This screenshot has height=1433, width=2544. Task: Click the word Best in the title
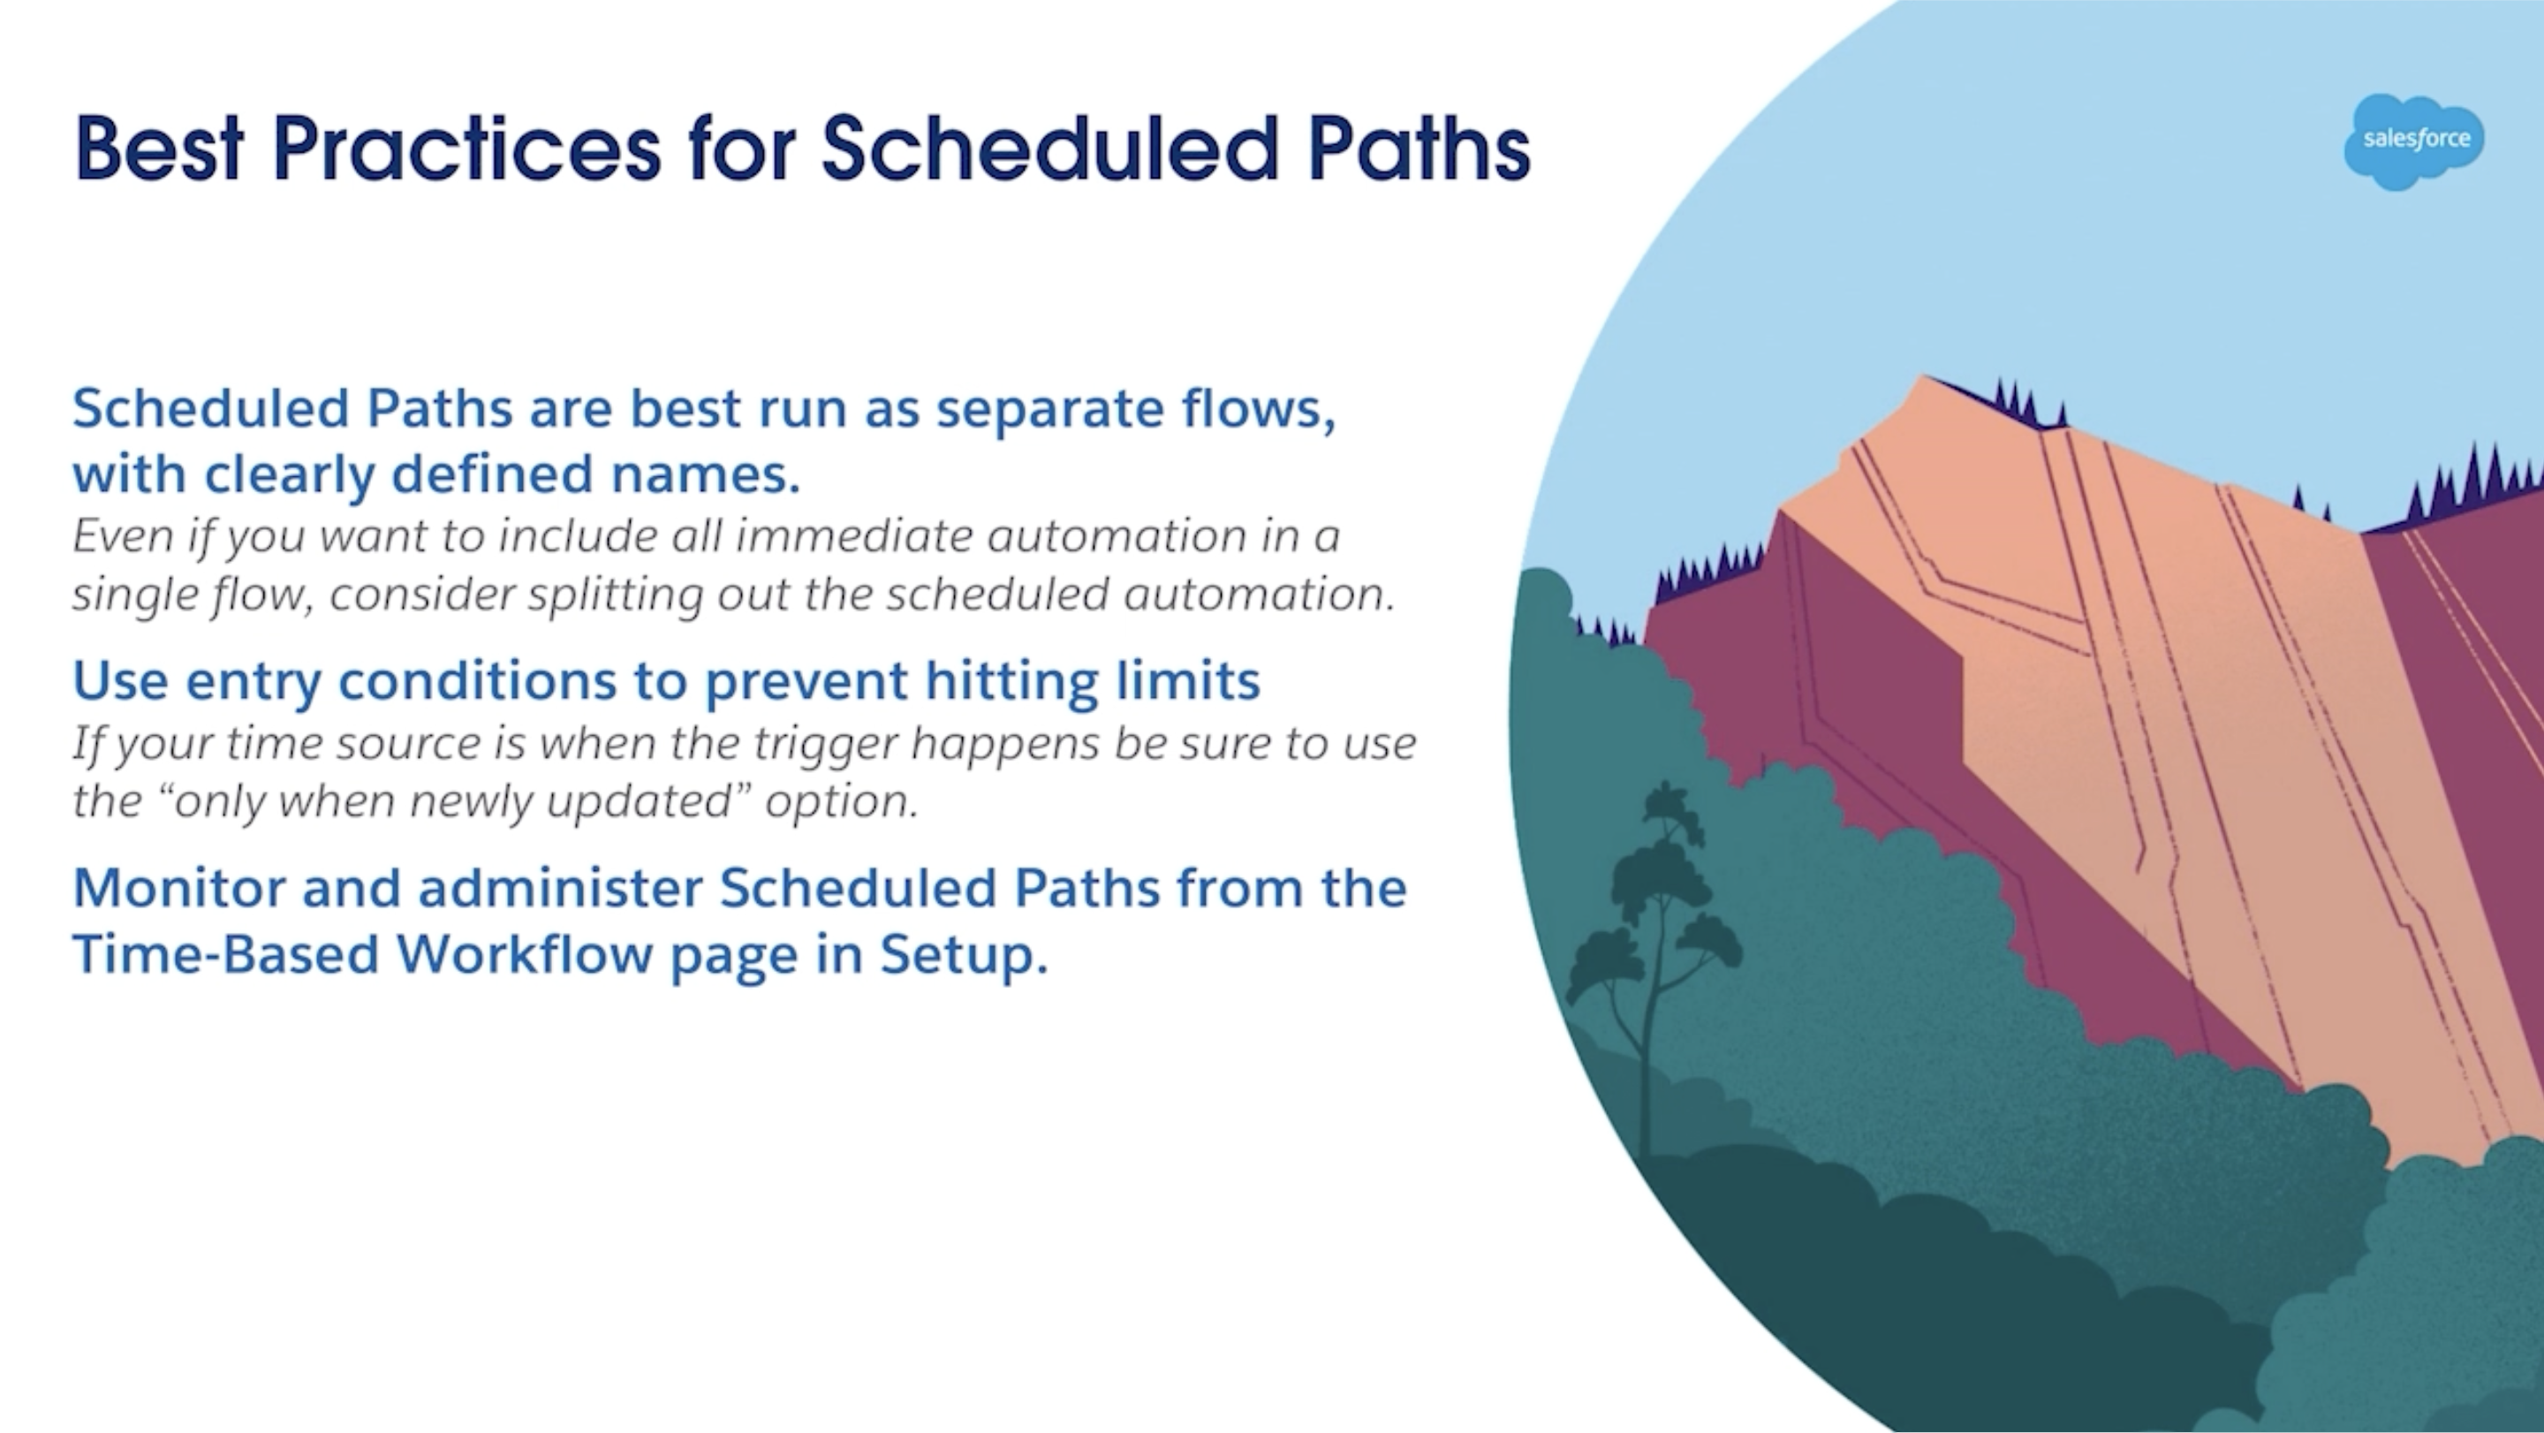(x=159, y=148)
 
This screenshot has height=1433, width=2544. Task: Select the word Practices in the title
(x=466, y=148)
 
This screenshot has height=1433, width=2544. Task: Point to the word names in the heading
(x=705, y=474)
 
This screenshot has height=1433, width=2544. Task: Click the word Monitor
(x=178, y=888)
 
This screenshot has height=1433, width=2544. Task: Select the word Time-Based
(x=226, y=954)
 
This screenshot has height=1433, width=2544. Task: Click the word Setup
(x=963, y=956)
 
